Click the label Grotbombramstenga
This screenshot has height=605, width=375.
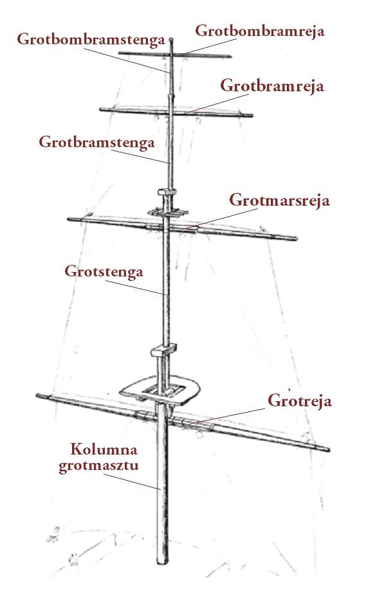[x=91, y=40]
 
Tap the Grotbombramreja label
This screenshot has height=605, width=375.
[x=259, y=31]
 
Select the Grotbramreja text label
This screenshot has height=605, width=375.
[x=272, y=86]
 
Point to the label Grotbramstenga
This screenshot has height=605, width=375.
[x=96, y=142]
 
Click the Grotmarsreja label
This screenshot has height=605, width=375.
[x=279, y=201]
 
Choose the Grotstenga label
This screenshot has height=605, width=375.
[x=104, y=271]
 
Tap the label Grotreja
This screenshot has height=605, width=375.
[x=299, y=401]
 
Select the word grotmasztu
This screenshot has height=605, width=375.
[x=98, y=465]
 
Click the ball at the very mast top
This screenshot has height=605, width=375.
[x=172, y=39]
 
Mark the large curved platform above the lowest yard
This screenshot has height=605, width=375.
[x=161, y=390]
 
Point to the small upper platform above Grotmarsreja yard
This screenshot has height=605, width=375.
[x=167, y=212]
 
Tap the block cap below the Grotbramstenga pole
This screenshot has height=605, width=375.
[x=167, y=192]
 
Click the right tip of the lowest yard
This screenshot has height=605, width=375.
[x=329, y=449]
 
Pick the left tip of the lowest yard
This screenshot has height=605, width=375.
[x=38, y=395]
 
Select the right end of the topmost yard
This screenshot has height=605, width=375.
[x=230, y=57]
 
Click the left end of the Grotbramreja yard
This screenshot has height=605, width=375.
[x=101, y=109]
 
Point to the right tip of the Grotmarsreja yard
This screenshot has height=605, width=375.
[x=297, y=239]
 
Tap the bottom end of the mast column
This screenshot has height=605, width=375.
[x=163, y=564]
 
